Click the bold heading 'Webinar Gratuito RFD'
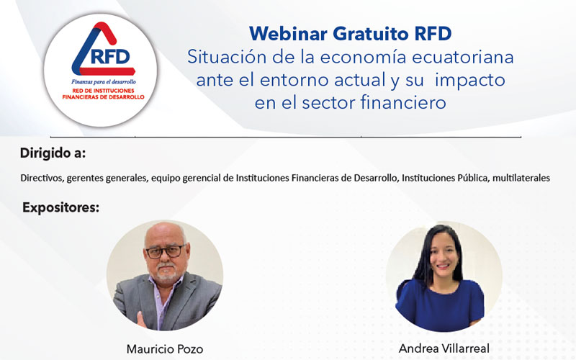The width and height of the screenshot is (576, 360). (x=350, y=34)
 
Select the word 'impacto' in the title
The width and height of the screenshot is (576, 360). (x=470, y=81)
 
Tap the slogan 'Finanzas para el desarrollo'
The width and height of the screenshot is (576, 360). (x=103, y=81)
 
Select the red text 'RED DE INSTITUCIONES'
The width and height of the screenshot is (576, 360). (x=103, y=91)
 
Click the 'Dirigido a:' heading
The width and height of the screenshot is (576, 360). (x=53, y=153)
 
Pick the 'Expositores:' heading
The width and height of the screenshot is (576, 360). (x=61, y=207)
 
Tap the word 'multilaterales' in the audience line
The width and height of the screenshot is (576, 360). (x=521, y=178)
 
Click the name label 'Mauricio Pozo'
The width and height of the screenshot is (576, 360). (x=165, y=348)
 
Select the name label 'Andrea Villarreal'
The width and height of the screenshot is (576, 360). (x=444, y=348)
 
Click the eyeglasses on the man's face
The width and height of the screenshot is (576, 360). (x=166, y=251)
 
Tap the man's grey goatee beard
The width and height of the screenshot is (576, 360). (x=168, y=272)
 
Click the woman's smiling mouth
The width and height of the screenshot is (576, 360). (x=443, y=266)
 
